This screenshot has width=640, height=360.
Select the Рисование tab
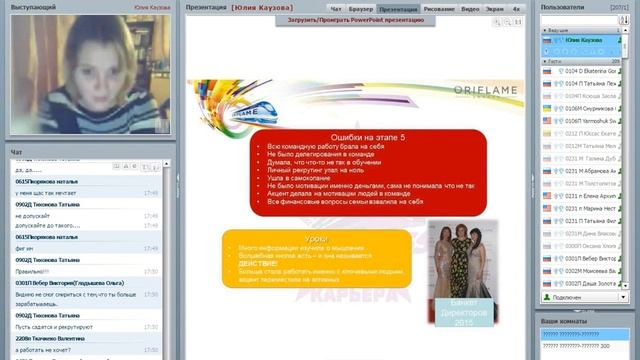(437, 7)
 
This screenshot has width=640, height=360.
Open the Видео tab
(470, 7)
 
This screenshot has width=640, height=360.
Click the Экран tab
(494, 7)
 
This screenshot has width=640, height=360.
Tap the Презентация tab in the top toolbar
(398, 7)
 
